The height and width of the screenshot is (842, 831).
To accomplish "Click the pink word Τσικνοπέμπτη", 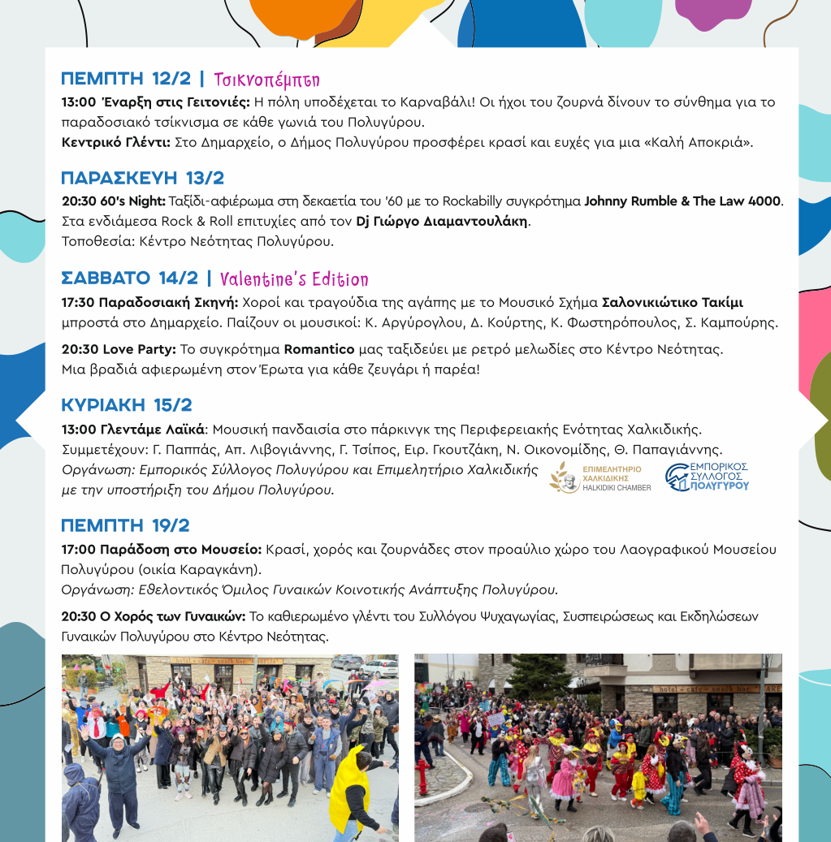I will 266,80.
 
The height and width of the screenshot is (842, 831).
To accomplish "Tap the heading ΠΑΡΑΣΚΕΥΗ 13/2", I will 142,179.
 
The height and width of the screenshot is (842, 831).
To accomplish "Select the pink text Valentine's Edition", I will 293,279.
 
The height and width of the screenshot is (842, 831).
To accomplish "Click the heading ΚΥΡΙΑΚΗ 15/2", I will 126,405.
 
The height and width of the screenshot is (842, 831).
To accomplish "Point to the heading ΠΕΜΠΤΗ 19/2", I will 125,525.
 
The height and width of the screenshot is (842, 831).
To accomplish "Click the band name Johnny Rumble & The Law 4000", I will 682,201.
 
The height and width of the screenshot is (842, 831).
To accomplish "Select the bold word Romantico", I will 318,349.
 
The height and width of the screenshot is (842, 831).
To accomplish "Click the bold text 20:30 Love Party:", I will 119,349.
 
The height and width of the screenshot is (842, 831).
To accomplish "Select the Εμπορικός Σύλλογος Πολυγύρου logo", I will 707,477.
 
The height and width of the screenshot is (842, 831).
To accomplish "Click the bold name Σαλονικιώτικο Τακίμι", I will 672,302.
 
